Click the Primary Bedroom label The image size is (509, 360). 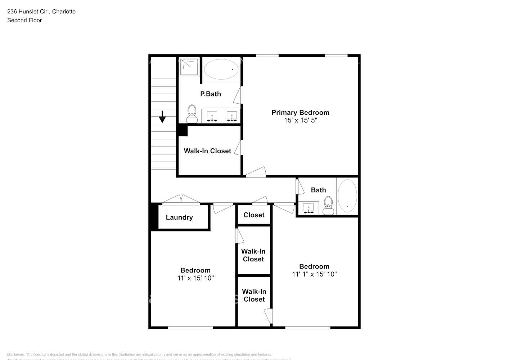[x=300, y=113]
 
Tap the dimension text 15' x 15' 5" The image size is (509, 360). [x=300, y=121]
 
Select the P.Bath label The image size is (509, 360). [x=211, y=94]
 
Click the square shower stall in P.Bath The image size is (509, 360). [x=189, y=67]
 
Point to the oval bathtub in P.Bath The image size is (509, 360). [x=221, y=69]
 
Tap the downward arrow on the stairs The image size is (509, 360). [x=162, y=117]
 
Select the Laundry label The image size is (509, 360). [x=179, y=217]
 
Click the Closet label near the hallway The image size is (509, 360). [x=254, y=215]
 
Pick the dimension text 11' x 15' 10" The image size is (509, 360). [x=195, y=278]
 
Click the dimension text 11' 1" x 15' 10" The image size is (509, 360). [x=314, y=274]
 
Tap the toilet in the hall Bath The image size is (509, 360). [x=328, y=206]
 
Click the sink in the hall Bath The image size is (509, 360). [x=308, y=208]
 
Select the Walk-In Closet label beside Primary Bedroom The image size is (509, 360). [x=207, y=151]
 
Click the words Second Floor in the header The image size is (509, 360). [x=24, y=20]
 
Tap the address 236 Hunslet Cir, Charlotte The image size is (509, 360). [x=41, y=12]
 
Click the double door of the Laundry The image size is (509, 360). [x=181, y=199]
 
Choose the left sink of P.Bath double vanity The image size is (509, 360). [x=212, y=116]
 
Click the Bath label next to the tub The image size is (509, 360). [x=318, y=190]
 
